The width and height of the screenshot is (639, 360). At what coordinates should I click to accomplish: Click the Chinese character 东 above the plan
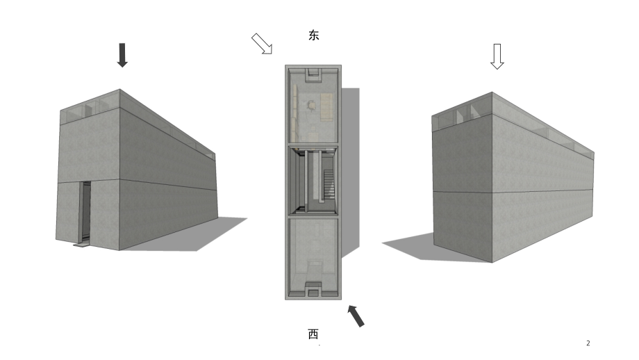pyautogui.click(x=313, y=35)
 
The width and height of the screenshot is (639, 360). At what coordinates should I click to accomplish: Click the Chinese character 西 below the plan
pyautogui.click(x=313, y=334)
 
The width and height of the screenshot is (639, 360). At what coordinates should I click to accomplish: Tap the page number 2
pyautogui.click(x=588, y=343)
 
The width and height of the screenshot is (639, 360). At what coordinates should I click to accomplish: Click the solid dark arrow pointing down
pyautogui.click(x=122, y=55)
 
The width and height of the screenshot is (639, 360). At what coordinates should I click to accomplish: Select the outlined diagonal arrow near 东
pyautogui.click(x=262, y=44)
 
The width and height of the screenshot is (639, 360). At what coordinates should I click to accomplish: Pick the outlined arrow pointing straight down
pyautogui.click(x=497, y=57)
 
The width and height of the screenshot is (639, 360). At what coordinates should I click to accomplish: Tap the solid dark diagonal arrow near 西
pyautogui.click(x=356, y=316)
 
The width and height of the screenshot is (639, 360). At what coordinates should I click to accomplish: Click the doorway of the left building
pyautogui.click(x=85, y=212)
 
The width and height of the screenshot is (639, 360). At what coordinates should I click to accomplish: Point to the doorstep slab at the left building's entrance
pyautogui.click(x=81, y=244)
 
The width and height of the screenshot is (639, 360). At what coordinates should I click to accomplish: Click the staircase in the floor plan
pyautogui.click(x=329, y=184)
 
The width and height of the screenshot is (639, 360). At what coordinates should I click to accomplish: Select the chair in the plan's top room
pyautogui.click(x=311, y=106)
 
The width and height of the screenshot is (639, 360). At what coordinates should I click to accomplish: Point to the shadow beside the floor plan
pyautogui.click(x=350, y=171)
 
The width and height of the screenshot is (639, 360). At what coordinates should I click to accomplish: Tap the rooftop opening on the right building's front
pyautogui.click(x=462, y=113)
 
